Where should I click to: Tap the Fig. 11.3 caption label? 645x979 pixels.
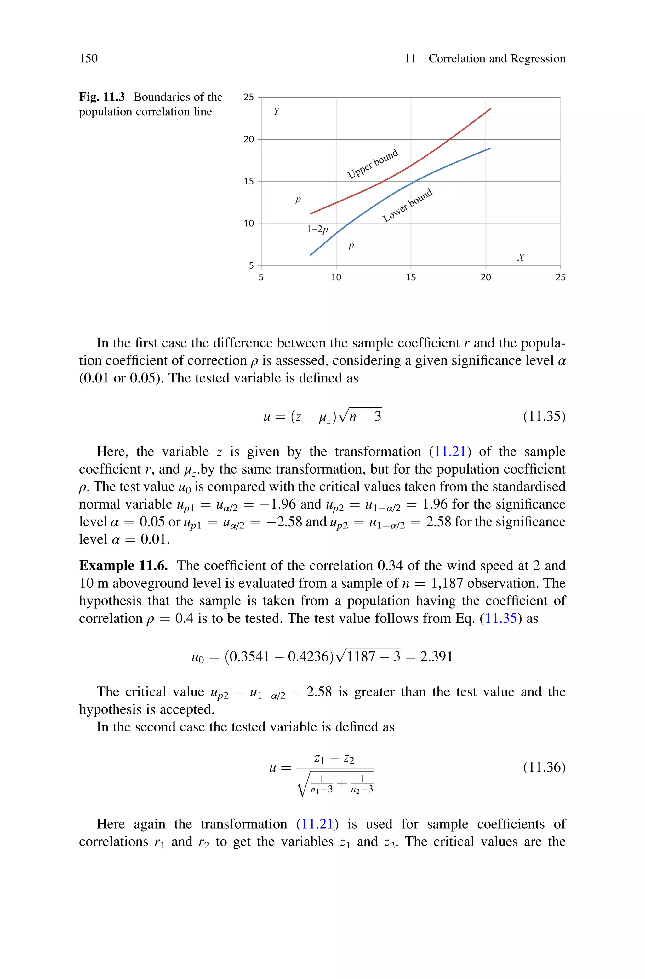pos(102,97)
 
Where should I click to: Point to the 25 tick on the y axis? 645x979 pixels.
pos(249,97)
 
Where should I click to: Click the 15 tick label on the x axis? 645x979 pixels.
pos(411,277)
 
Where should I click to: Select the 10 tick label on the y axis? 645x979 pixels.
pos(249,224)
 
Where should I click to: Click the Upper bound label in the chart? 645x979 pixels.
pos(373,164)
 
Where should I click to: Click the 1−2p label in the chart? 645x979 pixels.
pos(317,229)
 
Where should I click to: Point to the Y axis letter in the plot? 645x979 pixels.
pos(277,112)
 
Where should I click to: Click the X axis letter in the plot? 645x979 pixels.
pos(521,258)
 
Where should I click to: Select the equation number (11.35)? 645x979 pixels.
pos(544,417)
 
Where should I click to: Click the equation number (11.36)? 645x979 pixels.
pos(544,767)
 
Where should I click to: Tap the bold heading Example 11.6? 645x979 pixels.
pos(123,566)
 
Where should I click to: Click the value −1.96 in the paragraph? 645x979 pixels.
pos(278,504)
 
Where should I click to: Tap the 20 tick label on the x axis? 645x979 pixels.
pos(486,277)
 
